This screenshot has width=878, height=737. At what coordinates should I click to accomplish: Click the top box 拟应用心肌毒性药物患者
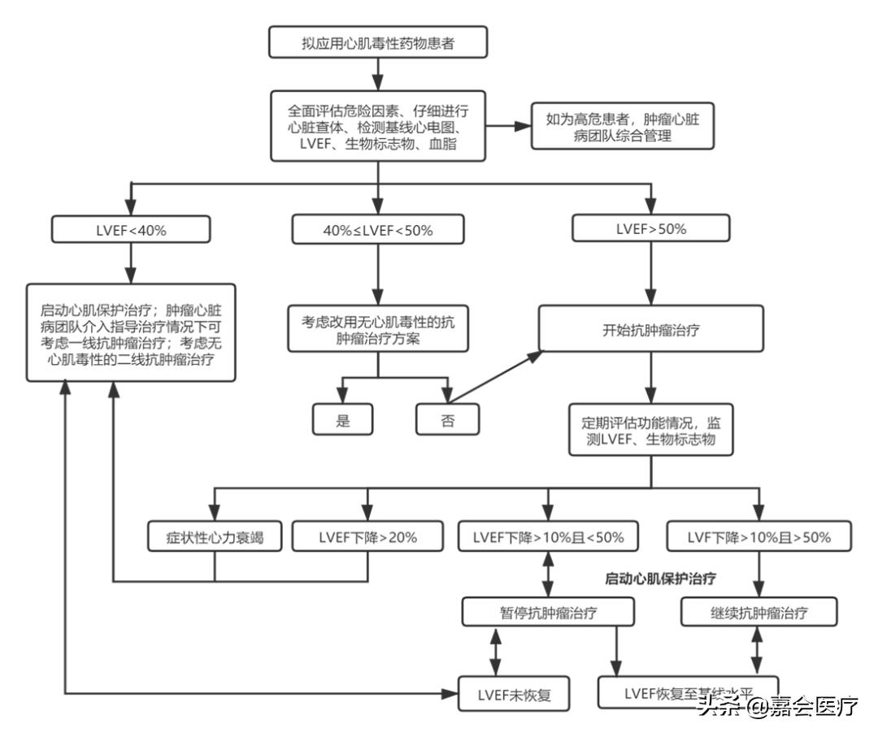coord(379,44)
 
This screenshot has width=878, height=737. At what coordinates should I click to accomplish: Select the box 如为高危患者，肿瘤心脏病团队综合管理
coord(623,128)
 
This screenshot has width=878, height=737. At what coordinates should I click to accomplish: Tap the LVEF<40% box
coord(131,229)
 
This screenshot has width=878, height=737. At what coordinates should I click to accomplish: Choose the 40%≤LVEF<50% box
coord(379,230)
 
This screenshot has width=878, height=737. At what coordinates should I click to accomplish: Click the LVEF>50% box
coord(652,228)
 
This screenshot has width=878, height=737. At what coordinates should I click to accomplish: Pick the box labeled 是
coord(342,418)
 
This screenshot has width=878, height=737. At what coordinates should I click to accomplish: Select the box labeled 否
coord(447,418)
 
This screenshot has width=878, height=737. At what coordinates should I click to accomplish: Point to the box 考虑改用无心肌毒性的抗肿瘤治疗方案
coord(379,329)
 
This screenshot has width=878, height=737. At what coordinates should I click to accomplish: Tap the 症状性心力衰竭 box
coord(215,535)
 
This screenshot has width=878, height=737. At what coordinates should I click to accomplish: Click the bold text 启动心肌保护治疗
coord(655,579)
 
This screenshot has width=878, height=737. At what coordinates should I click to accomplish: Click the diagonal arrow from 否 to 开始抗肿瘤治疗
coord(496,375)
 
